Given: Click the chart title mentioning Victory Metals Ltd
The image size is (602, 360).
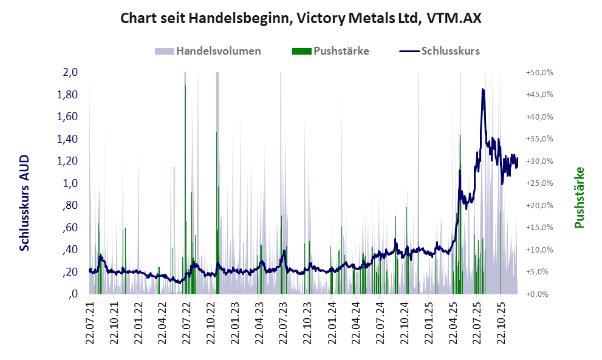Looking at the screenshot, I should (x=301, y=18).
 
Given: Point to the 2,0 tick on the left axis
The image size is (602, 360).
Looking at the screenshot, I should (x=70, y=72).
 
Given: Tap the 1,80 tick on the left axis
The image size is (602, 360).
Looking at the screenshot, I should (x=69, y=95).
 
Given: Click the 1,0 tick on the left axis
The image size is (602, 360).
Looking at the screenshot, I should (x=70, y=183).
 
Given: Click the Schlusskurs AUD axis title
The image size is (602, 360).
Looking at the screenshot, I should (x=25, y=203).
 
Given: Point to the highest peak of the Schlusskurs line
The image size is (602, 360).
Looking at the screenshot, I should (x=482, y=89).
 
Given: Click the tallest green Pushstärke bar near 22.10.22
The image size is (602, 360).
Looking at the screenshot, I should (x=217, y=133).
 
